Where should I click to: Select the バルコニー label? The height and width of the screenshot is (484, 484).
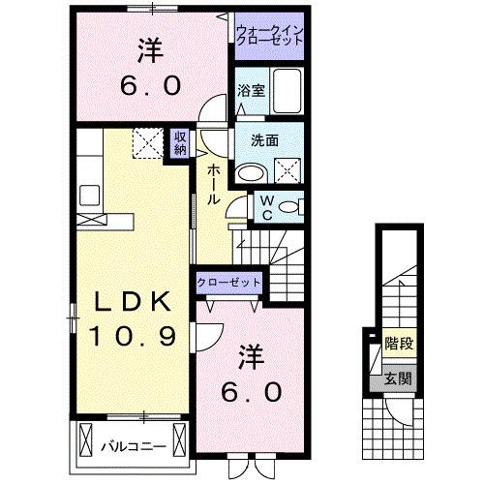tap(133, 446)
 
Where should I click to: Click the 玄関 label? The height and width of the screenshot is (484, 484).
tap(396, 378)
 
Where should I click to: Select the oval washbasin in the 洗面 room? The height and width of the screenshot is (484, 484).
tap(252, 173)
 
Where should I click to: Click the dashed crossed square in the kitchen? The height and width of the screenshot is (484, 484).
tap(150, 143)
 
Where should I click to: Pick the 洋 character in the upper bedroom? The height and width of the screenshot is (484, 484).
tap(150, 49)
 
